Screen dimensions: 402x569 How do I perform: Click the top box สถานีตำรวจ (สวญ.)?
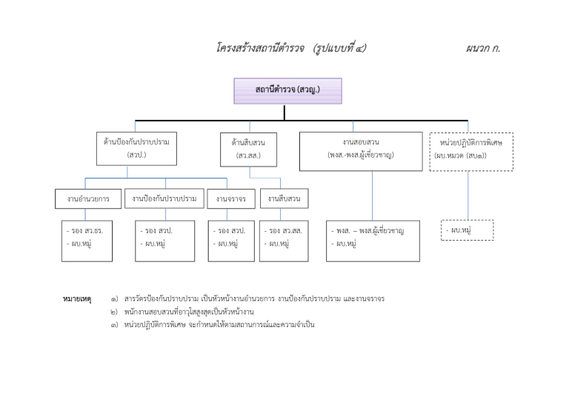click(x=287, y=90)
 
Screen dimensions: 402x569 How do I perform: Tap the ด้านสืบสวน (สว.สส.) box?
click(x=248, y=148)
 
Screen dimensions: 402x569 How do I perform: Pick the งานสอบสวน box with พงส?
click(x=361, y=150)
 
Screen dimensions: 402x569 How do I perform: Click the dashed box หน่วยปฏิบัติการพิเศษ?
click(x=470, y=150)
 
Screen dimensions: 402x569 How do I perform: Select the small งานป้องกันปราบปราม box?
click(x=164, y=198)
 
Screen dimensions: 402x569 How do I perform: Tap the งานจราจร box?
click(x=231, y=199)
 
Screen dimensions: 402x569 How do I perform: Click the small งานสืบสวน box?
click(x=283, y=198)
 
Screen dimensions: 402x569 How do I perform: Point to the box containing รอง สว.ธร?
click(x=87, y=240)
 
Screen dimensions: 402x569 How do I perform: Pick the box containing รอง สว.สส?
click(x=284, y=240)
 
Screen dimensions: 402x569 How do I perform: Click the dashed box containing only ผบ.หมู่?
click(x=467, y=230)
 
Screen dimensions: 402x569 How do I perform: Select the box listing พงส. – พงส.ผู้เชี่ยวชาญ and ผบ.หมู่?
click(x=372, y=240)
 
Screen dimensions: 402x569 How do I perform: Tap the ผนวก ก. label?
click(x=483, y=49)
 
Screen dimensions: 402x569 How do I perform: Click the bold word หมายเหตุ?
click(x=77, y=299)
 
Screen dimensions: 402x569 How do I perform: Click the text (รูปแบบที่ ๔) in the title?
click(x=339, y=49)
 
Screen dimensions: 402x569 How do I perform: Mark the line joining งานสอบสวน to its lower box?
click(x=372, y=195)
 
